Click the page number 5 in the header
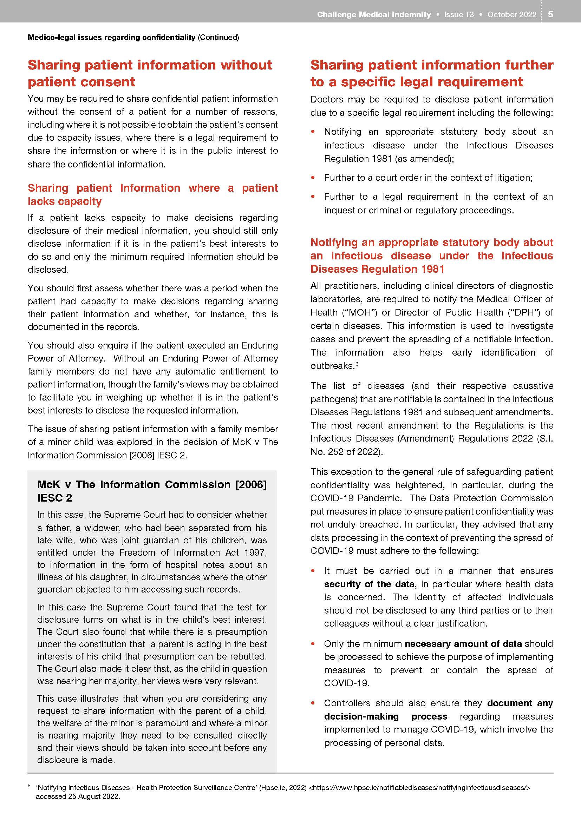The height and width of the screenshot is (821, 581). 550,14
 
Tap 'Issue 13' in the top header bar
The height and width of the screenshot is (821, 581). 459,14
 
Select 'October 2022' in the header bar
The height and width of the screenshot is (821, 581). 512,14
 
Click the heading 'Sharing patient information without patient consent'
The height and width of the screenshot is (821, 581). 150,73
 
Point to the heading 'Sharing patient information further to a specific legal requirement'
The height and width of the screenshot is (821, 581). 431,73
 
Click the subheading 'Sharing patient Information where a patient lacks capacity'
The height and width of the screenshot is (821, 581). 153,194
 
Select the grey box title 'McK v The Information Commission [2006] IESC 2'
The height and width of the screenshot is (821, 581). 152,491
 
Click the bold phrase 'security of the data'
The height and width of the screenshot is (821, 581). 370,584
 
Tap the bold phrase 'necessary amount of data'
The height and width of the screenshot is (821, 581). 463,644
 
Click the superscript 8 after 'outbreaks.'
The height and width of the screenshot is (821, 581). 357,364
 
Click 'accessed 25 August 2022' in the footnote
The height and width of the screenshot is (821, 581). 78,796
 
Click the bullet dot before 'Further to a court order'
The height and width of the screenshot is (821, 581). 313,177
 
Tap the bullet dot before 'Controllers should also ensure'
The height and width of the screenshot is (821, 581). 313,703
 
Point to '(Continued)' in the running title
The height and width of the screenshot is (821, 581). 218,37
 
